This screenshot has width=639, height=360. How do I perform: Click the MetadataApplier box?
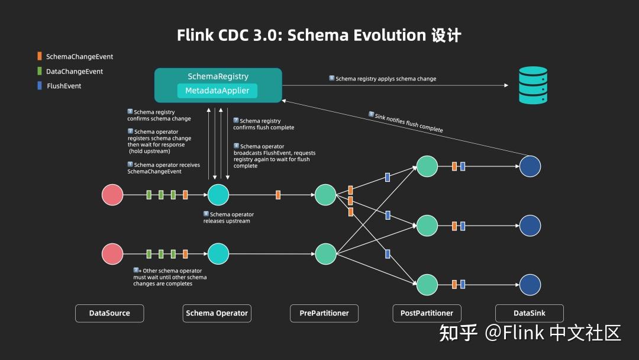(218, 91)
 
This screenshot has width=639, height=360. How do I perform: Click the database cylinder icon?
(532, 85)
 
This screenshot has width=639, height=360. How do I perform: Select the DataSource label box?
(109, 313)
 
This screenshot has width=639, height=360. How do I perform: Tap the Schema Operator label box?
(217, 313)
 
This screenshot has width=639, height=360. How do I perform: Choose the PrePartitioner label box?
(324, 313)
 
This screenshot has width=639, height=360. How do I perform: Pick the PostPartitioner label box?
(427, 313)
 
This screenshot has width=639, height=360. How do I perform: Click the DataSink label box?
(529, 313)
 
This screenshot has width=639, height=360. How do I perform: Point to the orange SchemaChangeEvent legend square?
(40, 56)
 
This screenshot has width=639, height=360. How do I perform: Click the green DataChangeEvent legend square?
(40, 71)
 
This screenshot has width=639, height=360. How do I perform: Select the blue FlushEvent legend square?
(40, 86)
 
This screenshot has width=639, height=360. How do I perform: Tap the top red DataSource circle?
(112, 195)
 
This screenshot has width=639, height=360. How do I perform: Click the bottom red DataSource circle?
(112, 254)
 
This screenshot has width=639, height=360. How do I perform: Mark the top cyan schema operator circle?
(218, 195)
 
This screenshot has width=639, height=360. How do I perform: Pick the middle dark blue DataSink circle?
(530, 226)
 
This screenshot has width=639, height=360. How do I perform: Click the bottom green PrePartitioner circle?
(325, 254)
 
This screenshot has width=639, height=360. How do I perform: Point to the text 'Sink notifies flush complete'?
(408, 122)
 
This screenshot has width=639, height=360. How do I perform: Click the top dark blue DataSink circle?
(530, 166)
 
